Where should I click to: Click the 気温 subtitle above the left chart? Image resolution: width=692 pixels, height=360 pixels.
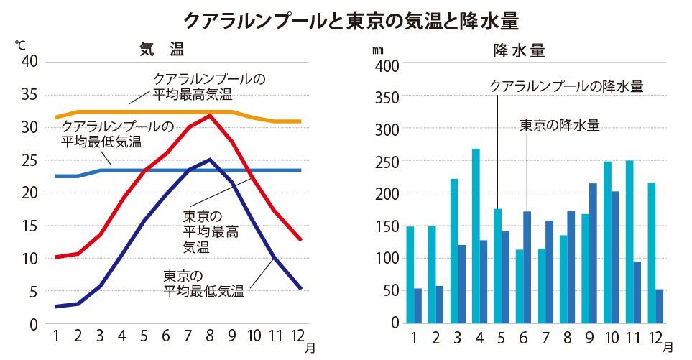click(x=162, y=50)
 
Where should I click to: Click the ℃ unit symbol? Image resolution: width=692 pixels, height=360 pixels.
click(x=20, y=45)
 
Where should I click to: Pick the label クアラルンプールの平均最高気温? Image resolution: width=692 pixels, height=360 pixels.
click(x=209, y=86)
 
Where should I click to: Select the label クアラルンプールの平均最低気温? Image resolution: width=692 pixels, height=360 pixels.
click(x=116, y=133)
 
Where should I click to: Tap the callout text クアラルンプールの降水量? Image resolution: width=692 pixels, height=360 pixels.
click(x=566, y=86)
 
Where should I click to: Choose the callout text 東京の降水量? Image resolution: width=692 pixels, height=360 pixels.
click(x=559, y=124)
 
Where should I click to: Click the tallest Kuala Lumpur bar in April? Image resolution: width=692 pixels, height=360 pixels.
click(x=476, y=236)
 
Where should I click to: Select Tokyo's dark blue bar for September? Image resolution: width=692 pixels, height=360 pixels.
click(x=593, y=253)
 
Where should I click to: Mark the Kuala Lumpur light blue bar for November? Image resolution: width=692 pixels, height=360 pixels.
click(x=629, y=241)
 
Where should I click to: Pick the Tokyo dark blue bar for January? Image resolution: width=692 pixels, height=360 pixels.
click(x=417, y=305)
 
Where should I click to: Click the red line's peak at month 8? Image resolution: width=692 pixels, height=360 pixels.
click(x=210, y=115)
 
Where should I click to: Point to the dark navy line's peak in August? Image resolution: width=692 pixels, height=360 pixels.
click(x=209, y=160)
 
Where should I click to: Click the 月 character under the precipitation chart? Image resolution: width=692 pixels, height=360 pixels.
click(x=668, y=347)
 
